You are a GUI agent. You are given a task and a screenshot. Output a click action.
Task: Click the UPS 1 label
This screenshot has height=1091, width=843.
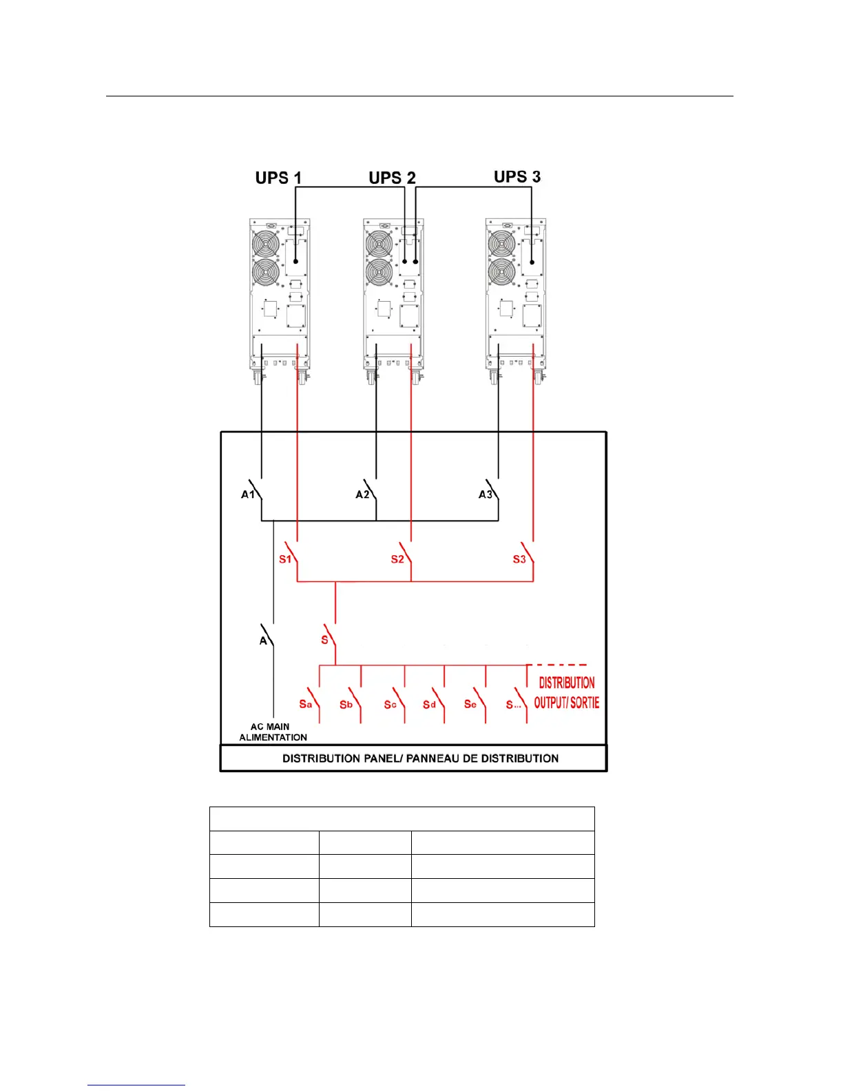278,178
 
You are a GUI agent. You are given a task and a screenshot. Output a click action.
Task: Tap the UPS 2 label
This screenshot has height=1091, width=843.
392,178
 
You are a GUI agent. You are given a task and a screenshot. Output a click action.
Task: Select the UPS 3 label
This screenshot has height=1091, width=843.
517,177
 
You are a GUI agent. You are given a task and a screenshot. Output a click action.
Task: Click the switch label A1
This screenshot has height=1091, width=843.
248,495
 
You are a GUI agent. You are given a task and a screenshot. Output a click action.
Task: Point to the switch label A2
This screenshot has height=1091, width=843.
362,495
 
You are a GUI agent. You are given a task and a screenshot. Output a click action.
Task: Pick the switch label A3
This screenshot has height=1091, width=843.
486,495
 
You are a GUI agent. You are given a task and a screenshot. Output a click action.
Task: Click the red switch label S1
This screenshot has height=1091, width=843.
285,559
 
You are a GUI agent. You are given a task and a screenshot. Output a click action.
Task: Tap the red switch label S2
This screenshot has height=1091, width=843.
397,559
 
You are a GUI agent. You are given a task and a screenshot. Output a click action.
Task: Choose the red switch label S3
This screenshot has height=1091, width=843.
519,559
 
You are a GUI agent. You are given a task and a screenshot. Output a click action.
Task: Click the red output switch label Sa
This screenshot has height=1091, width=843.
305,704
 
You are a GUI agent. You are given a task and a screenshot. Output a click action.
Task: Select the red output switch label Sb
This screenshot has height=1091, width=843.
346,705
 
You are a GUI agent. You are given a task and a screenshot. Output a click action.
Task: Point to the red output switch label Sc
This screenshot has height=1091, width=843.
390,705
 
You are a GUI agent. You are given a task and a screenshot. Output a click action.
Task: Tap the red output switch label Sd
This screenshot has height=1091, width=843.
429,705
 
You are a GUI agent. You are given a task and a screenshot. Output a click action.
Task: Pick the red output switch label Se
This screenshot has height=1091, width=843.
470,705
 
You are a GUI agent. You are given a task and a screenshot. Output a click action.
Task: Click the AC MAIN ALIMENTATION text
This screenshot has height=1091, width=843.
273,732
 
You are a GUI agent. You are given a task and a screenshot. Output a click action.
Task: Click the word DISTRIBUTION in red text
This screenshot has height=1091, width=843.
567,683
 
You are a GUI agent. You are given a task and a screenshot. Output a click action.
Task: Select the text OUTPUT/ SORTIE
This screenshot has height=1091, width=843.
567,703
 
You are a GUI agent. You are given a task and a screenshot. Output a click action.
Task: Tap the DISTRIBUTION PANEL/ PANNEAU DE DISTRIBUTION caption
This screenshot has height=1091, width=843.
420,758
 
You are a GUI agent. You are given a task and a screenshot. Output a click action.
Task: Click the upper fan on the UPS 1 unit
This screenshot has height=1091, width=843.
265,245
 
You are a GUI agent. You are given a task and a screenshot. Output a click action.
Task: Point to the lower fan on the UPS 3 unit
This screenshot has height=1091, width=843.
501,273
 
